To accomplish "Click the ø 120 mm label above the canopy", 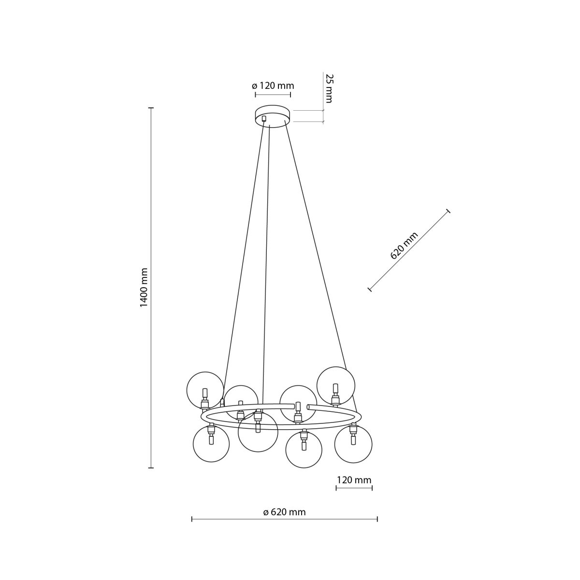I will coord(273,86).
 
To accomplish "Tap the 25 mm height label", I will coord(329,88).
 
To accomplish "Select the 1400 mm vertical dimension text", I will coord(144,288).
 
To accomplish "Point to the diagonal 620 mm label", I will coord(404,246).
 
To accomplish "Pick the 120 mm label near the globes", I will coord(354,480).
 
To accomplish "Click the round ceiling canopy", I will coord(273,116).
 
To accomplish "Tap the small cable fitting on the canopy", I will coord(264,118).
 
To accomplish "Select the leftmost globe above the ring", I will coord(205,390).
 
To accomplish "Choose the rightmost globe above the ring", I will coord(336,385).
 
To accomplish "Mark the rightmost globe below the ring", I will coord(353,444).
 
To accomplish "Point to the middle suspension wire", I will coord(265,266).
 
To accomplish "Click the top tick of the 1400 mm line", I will coord(151,108).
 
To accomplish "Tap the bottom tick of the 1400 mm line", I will coord(151,468).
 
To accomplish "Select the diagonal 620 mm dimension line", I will coord(409,250).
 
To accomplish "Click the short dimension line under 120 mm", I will coord(354,488).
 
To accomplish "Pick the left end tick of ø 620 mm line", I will coord(192,519).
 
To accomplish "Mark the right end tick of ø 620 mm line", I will coord(377,519).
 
